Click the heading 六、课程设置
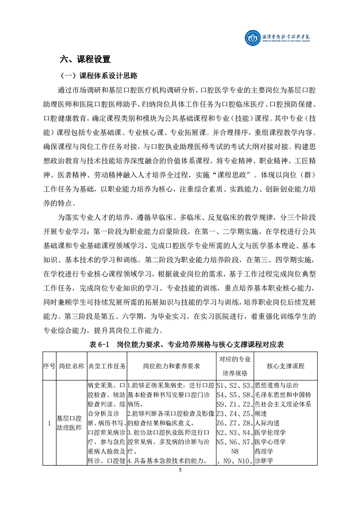point(86,59)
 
